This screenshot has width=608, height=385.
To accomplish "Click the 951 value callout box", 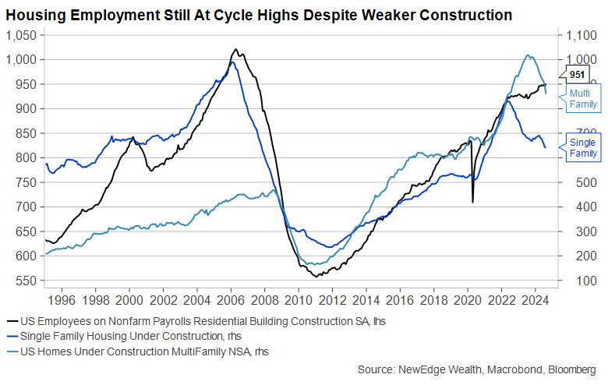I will click(x=578, y=75).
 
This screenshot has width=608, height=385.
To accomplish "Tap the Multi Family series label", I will click(x=583, y=98).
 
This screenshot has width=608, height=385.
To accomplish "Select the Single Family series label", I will click(x=583, y=147).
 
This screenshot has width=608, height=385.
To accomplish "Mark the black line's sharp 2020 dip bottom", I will click(x=472, y=203).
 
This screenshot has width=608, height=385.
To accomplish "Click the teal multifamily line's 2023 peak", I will click(x=528, y=55).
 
